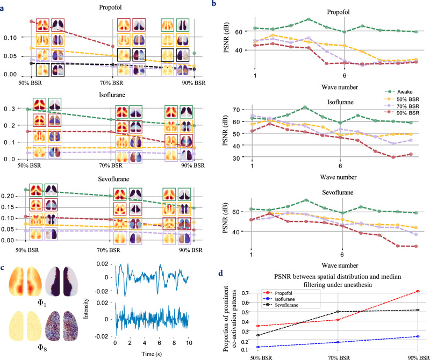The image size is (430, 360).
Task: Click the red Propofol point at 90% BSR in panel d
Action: pos(418,291)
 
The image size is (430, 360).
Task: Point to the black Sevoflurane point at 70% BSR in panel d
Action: pos(338,312)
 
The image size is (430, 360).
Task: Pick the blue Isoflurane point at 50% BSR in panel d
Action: pos(258,347)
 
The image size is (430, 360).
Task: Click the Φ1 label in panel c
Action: pos(41,303)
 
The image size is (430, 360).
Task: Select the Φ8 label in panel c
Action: pos(41,348)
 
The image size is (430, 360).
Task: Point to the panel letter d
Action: pos(221,273)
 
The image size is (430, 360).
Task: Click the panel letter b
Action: pos(214,3)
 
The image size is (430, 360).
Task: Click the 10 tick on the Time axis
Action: pos(189,343)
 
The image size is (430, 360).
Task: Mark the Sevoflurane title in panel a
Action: pos(113,179)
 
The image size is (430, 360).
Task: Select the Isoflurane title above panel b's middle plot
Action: pos(340,102)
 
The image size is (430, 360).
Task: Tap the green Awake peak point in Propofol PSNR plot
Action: pos(309,19)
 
